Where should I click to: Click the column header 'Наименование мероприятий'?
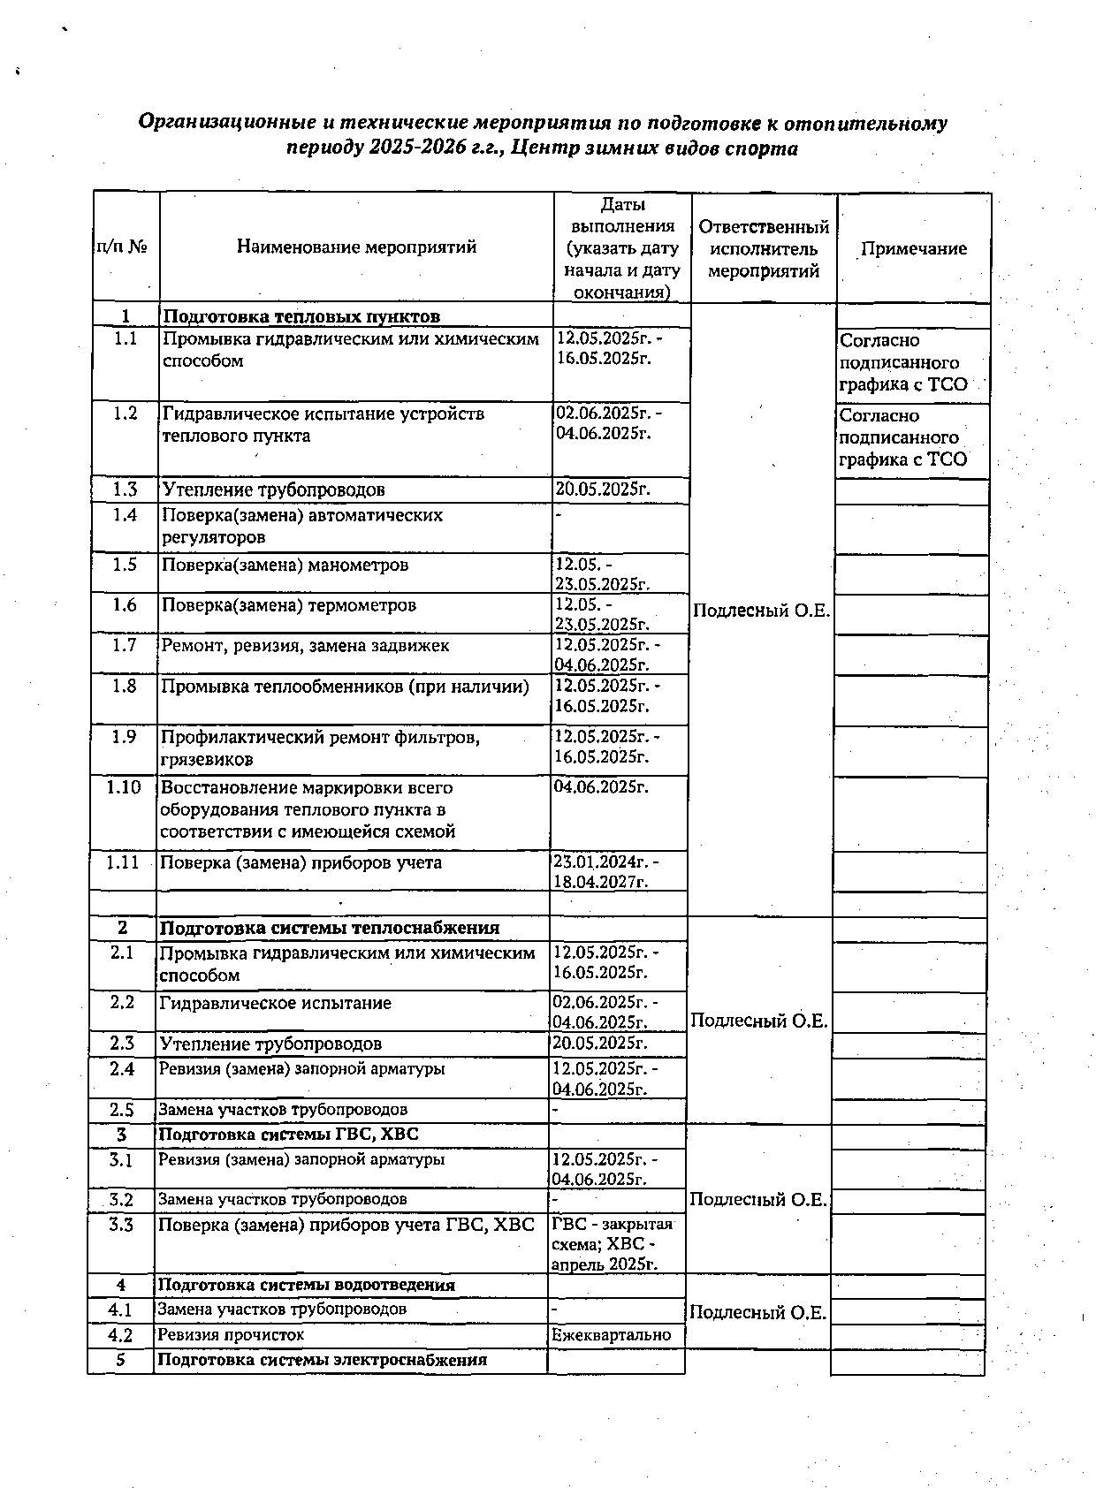tap(356, 247)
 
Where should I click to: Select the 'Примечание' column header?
tap(914, 249)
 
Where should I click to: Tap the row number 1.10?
tap(124, 787)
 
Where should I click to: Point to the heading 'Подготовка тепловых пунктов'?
tap(301, 316)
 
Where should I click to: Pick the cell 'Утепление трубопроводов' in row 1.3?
tap(273, 490)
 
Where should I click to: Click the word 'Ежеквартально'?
tap(612, 1334)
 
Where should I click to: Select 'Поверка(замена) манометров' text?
tap(285, 565)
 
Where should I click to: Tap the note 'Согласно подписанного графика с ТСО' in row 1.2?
tap(902, 437)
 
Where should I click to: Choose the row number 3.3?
tap(121, 1225)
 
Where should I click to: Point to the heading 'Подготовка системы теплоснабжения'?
tap(329, 928)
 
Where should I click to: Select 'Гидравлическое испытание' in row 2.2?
tap(275, 1003)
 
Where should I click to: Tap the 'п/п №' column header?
tap(122, 247)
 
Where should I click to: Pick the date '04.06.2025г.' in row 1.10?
tap(601, 786)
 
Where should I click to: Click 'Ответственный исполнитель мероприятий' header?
tap(764, 249)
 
